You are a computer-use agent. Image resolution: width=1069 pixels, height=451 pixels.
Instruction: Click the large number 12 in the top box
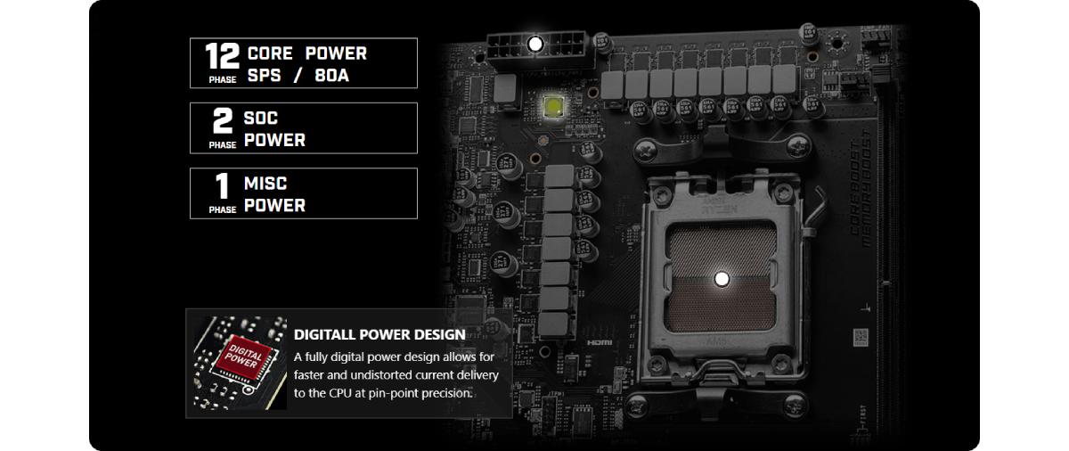(223, 55)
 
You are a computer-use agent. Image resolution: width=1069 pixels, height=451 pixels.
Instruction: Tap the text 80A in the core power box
(331, 75)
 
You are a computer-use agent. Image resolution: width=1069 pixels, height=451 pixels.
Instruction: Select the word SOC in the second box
(261, 119)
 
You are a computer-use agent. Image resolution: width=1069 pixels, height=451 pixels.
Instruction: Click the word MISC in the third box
(265, 184)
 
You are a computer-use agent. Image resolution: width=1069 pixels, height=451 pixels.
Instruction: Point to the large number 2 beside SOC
(223, 120)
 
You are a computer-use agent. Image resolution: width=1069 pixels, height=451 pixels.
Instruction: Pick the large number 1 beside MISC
(223, 186)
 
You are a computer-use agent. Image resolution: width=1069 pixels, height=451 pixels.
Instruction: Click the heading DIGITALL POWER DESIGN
(379, 335)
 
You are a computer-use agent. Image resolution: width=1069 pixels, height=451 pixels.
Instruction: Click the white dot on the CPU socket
(722, 279)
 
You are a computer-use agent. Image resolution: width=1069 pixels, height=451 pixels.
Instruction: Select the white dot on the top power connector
(535, 43)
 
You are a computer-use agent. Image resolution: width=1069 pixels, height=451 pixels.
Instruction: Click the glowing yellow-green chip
(553, 106)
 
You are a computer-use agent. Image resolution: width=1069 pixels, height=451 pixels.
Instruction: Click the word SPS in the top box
(264, 75)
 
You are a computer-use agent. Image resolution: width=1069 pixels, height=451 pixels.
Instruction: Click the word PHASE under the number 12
(223, 79)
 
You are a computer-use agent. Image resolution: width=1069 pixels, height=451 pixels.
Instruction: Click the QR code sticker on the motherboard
(860, 339)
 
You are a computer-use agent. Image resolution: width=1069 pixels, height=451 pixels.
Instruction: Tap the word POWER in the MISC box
(274, 205)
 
